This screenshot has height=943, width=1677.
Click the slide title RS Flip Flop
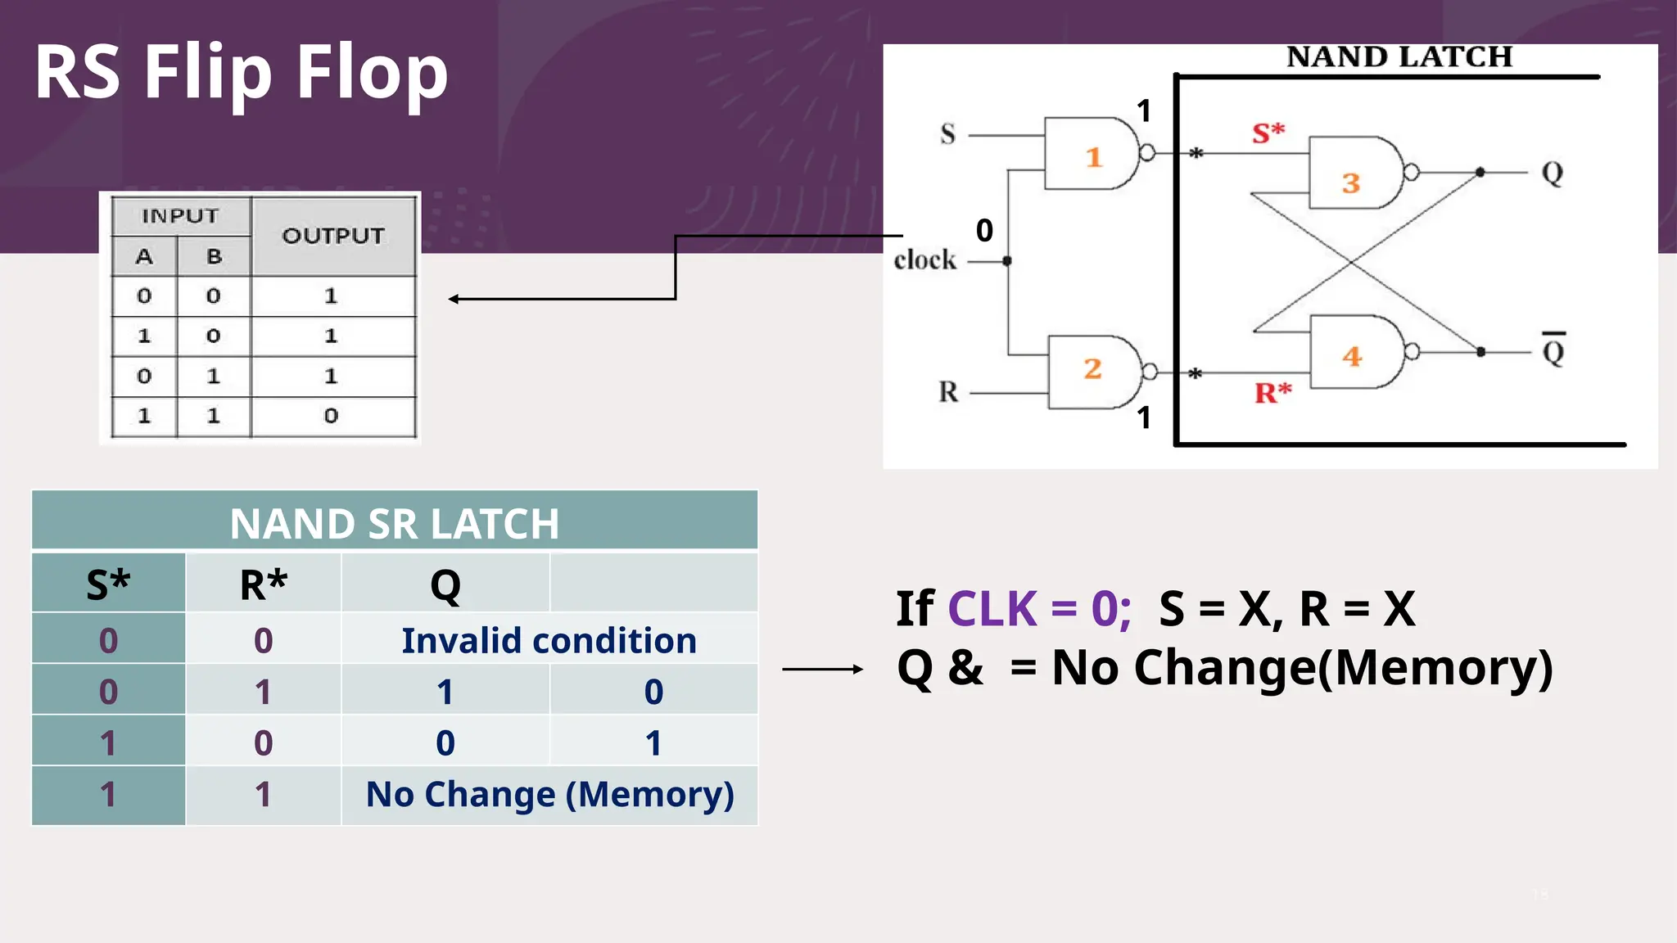pos(241,74)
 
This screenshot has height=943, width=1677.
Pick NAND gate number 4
pos(1356,353)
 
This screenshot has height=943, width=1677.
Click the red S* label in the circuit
pos(1268,133)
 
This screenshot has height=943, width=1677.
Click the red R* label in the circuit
pos(1272,393)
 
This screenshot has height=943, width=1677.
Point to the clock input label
pos(924,260)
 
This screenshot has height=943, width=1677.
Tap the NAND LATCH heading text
pos(1399,57)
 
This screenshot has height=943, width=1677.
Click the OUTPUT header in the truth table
pos(332,236)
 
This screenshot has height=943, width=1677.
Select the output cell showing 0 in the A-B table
pos(331,416)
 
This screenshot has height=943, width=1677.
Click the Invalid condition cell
pos(549,640)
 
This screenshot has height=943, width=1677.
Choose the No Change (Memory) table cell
pos(549,795)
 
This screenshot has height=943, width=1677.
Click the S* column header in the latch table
pos(108,584)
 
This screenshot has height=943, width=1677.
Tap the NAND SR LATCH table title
pos(394,523)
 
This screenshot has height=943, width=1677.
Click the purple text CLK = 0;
pos(1039,609)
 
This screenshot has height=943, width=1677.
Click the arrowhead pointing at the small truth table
pos(454,299)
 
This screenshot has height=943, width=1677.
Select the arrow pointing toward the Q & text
pos(822,670)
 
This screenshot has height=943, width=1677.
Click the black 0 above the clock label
pos(984,231)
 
